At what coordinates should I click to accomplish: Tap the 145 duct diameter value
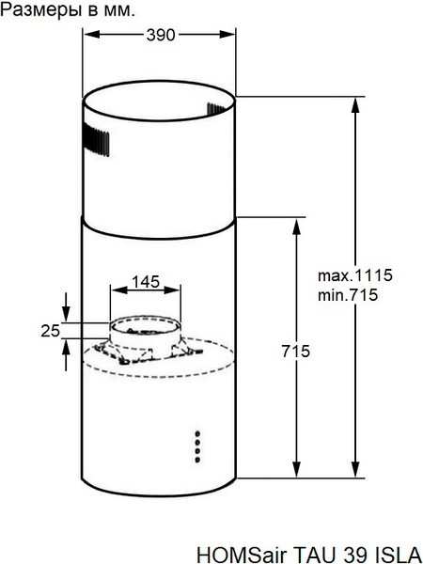pyautogui.click(x=145, y=282)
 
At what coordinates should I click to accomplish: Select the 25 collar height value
pyautogui.click(x=51, y=330)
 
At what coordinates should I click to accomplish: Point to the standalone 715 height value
pyautogui.click(x=296, y=351)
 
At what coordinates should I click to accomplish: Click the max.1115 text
pyautogui.click(x=353, y=276)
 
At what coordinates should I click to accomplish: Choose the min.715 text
pyautogui.click(x=348, y=295)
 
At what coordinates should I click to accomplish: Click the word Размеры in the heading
pyautogui.click(x=38, y=11)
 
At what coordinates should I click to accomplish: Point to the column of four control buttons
pyautogui.click(x=197, y=446)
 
